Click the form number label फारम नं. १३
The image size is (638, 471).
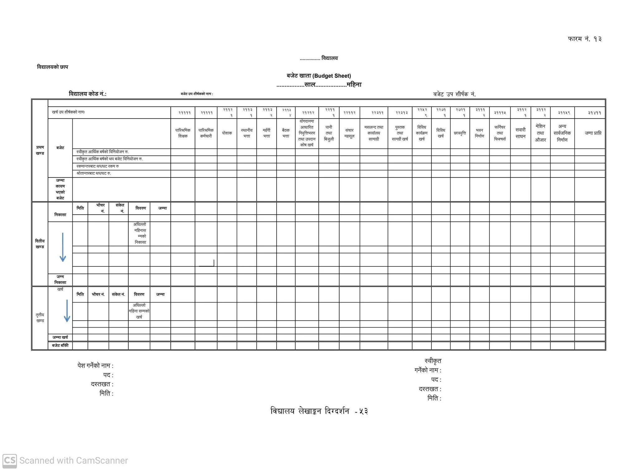(584, 39)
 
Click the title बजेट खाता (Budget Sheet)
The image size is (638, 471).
(319, 76)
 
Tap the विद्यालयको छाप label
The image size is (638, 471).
(52, 67)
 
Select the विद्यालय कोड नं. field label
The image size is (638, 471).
(88, 94)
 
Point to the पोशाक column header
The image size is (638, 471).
(227, 133)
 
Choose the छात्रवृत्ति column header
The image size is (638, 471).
(460, 133)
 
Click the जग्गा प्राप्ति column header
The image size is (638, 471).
(593, 133)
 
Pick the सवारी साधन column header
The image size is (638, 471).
(520, 133)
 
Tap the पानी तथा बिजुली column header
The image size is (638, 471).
(329, 133)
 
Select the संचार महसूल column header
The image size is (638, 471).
(349, 133)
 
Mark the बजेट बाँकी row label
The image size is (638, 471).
(60, 345)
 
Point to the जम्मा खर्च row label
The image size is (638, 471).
(60, 337)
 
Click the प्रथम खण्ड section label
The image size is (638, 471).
(40, 150)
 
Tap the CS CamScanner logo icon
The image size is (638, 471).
(9, 460)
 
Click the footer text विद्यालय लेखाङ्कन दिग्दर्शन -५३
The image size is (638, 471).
(319, 411)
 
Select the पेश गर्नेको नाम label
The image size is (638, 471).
(95, 366)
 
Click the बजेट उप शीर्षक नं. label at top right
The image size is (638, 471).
(454, 94)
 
